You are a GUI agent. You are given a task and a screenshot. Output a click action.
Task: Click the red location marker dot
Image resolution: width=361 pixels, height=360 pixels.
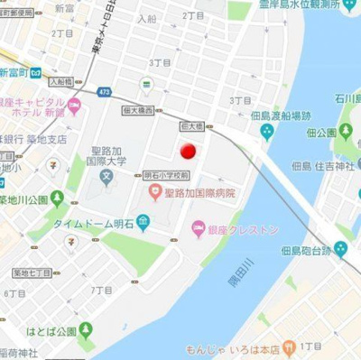tap(188, 152)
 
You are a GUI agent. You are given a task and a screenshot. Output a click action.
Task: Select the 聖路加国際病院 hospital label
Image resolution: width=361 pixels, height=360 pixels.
tap(199, 193)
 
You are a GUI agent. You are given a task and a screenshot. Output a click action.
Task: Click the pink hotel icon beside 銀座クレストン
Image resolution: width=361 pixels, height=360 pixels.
tap(197, 233)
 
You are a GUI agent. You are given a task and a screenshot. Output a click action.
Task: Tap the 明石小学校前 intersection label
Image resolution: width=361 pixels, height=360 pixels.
tap(167, 175)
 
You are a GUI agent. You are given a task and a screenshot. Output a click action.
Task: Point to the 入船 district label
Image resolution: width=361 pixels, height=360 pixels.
tap(147, 17)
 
